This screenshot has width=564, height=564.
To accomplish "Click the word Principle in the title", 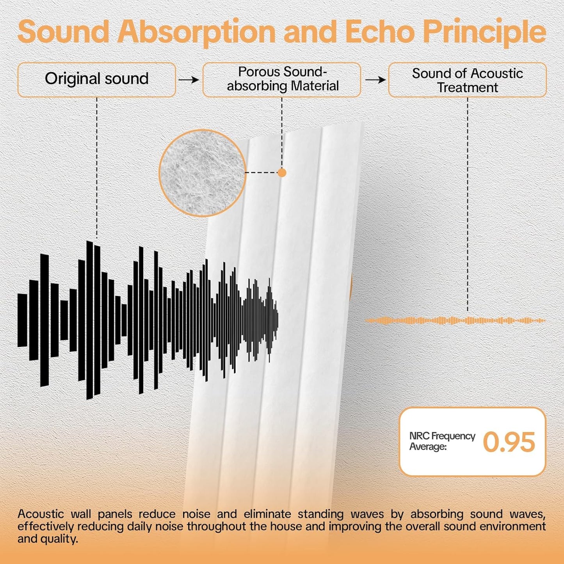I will point(484,32).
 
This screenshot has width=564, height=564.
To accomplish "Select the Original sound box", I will point(97,79).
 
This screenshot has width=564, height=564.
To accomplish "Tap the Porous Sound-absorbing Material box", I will point(282,79).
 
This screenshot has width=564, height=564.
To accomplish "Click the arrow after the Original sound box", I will point(189,80).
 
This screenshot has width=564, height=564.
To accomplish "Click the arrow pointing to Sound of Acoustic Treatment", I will point(375,80).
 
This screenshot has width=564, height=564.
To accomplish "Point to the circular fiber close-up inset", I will point(202,173).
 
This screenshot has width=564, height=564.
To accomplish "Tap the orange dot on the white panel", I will point(282,173).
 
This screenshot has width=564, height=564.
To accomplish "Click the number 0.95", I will point(509,442).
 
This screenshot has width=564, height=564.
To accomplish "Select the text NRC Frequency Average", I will point(441,441).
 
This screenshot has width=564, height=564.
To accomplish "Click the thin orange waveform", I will point(455,320).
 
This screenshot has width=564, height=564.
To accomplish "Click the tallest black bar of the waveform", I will point(89,320).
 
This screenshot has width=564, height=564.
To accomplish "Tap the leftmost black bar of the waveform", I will point(22,320).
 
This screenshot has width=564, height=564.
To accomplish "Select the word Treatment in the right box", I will point(467,88).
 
